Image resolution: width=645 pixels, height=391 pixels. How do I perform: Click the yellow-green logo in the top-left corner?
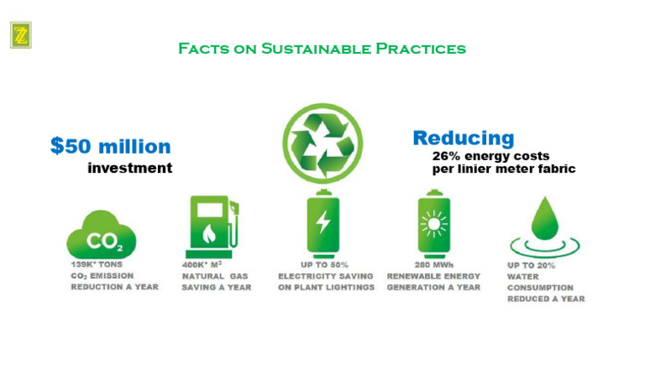20,35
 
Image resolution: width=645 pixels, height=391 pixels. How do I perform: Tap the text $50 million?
110,146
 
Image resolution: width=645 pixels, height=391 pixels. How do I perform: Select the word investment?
129,169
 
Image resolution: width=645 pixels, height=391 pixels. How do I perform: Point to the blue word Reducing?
463,138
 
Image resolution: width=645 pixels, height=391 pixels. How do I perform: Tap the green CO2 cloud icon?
102,235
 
